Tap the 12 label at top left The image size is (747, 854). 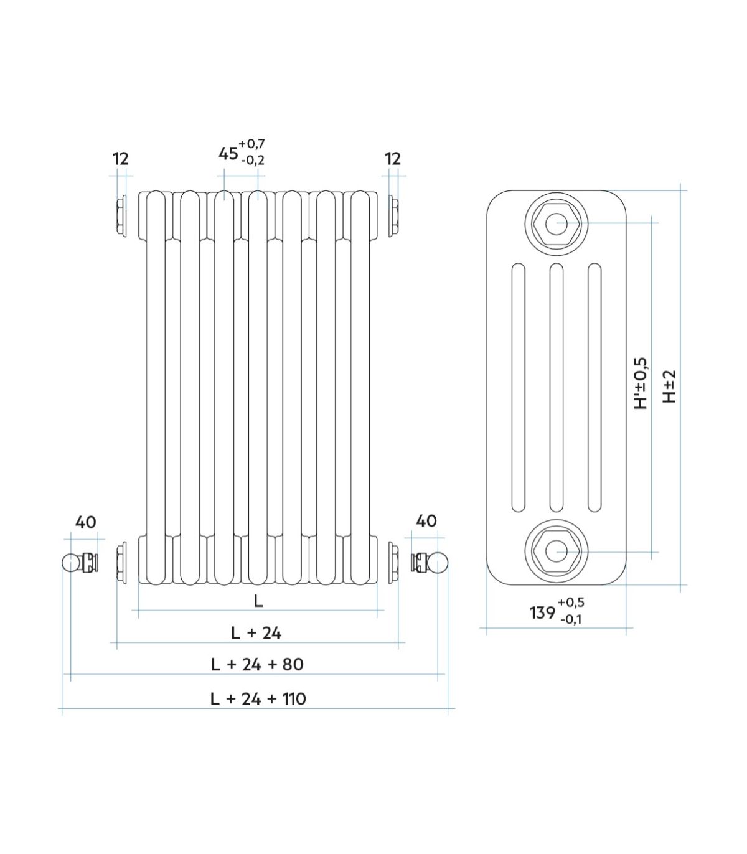click(121, 159)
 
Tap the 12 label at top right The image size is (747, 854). click(393, 159)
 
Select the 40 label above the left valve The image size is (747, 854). click(86, 522)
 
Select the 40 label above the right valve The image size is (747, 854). click(426, 521)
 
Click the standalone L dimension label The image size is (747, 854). click(258, 601)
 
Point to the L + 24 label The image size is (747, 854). click(256, 633)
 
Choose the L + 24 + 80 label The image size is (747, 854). click(257, 664)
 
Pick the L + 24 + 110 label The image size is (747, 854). click(258, 699)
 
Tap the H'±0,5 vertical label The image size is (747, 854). click(641, 383)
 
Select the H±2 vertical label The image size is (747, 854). click(669, 386)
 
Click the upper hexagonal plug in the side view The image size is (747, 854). click(557, 223)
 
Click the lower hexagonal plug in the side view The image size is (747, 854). click(557, 552)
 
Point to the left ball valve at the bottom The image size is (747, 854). click(80, 562)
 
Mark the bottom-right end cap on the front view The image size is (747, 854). click(393, 562)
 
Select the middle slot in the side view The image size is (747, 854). click(557, 387)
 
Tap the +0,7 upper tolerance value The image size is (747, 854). click(251, 144)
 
